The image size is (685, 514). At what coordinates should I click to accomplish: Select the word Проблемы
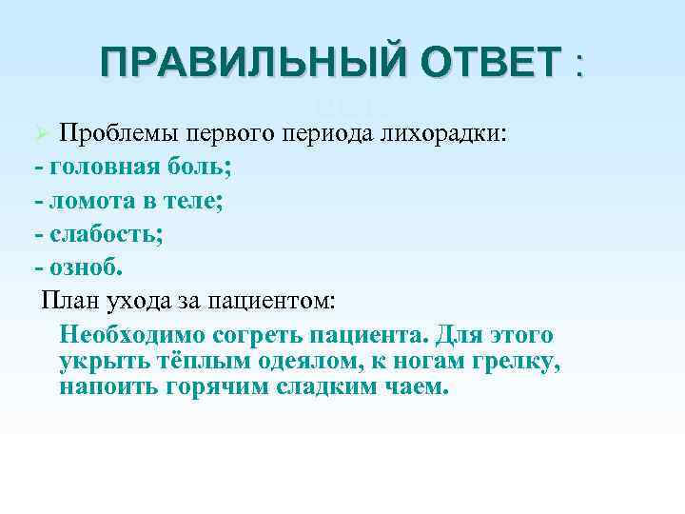(118, 130)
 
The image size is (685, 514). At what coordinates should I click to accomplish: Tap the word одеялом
(310, 363)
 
